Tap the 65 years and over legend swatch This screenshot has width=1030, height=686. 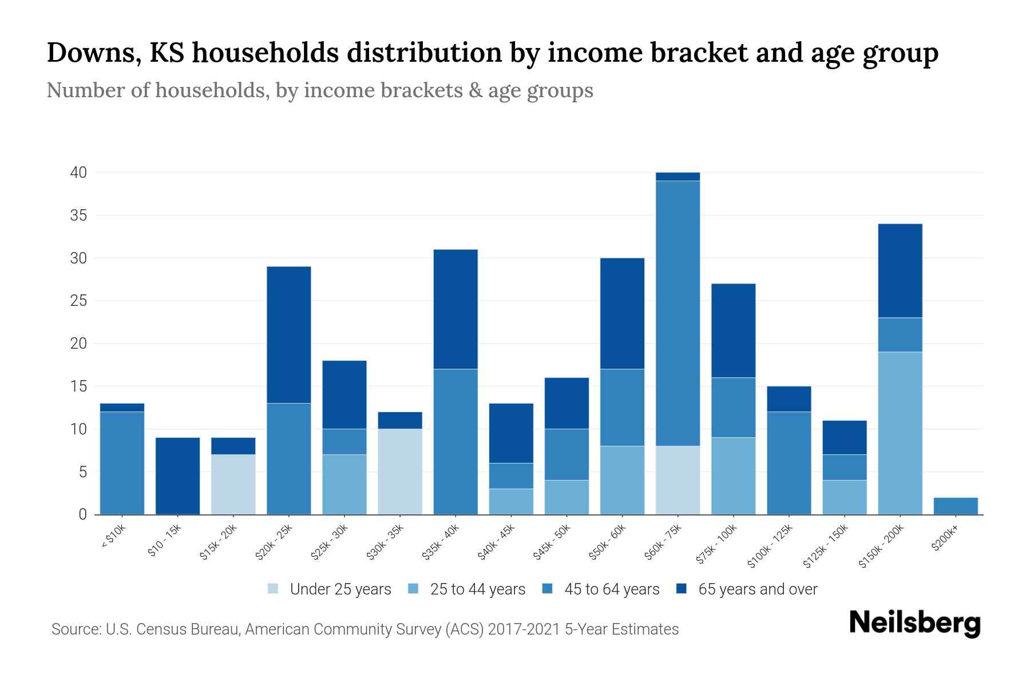click(682, 589)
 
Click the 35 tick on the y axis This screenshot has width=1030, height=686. click(78, 216)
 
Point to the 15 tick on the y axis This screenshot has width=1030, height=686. click(78, 386)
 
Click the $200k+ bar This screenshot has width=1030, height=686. click(956, 506)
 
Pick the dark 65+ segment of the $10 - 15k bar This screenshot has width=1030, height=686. click(177, 476)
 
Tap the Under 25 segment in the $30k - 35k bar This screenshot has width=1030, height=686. click(400, 472)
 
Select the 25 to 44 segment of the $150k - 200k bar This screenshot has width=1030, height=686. click(900, 433)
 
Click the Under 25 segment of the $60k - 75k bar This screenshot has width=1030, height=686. click(678, 480)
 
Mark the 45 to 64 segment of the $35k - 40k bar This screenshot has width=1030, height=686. click(455, 441)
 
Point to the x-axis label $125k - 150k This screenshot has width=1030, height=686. click(827, 547)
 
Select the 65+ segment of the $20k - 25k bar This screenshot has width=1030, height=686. click(289, 334)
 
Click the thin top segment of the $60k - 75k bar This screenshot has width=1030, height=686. click(678, 177)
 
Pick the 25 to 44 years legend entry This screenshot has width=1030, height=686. click(477, 589)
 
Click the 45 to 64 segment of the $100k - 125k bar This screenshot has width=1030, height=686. click(789, 463)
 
